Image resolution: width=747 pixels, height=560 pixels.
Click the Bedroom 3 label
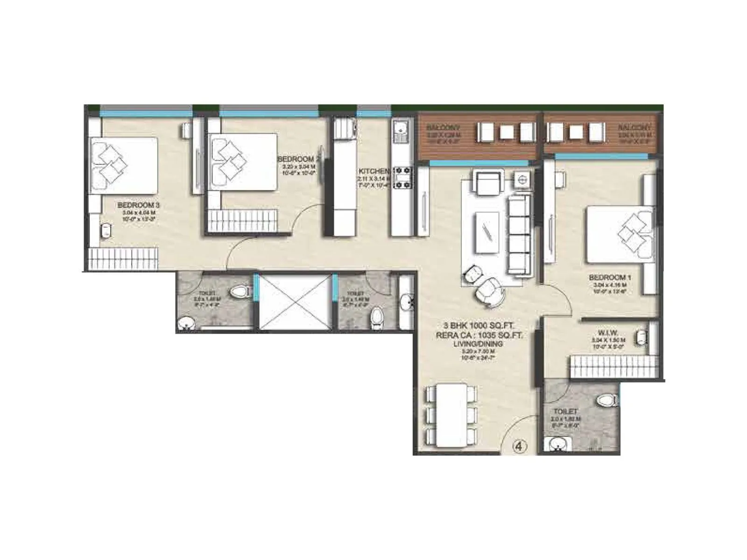(132, 205)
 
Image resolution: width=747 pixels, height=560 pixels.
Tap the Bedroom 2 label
(299, 159)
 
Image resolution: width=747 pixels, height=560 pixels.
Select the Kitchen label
(373, 171)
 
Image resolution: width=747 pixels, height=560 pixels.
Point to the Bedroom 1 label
(610, 278)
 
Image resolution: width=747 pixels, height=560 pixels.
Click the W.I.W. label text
(608, 333)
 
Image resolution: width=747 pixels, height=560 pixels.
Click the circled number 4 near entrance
(520, 447)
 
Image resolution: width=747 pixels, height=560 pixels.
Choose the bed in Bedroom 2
(243, 162)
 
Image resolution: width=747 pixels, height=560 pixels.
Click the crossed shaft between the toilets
(295, 302)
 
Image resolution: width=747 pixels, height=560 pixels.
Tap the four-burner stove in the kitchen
(403, 178)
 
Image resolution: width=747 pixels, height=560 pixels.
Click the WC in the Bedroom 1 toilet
(606, 400)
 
